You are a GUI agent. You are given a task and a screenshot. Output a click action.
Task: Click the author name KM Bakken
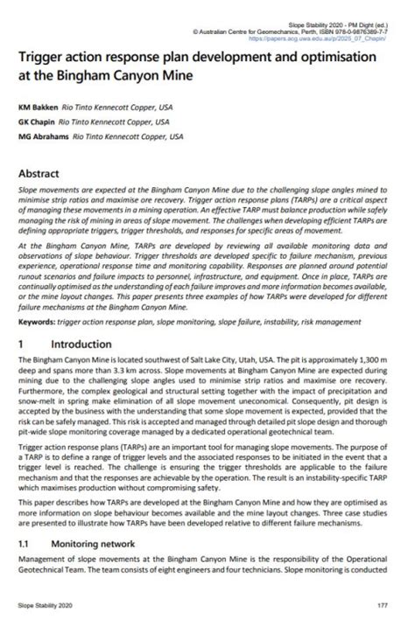point(39,107)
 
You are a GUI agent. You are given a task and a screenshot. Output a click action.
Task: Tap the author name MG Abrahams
point(43,136)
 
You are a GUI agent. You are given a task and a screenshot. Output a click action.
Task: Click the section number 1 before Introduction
point(23,321)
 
